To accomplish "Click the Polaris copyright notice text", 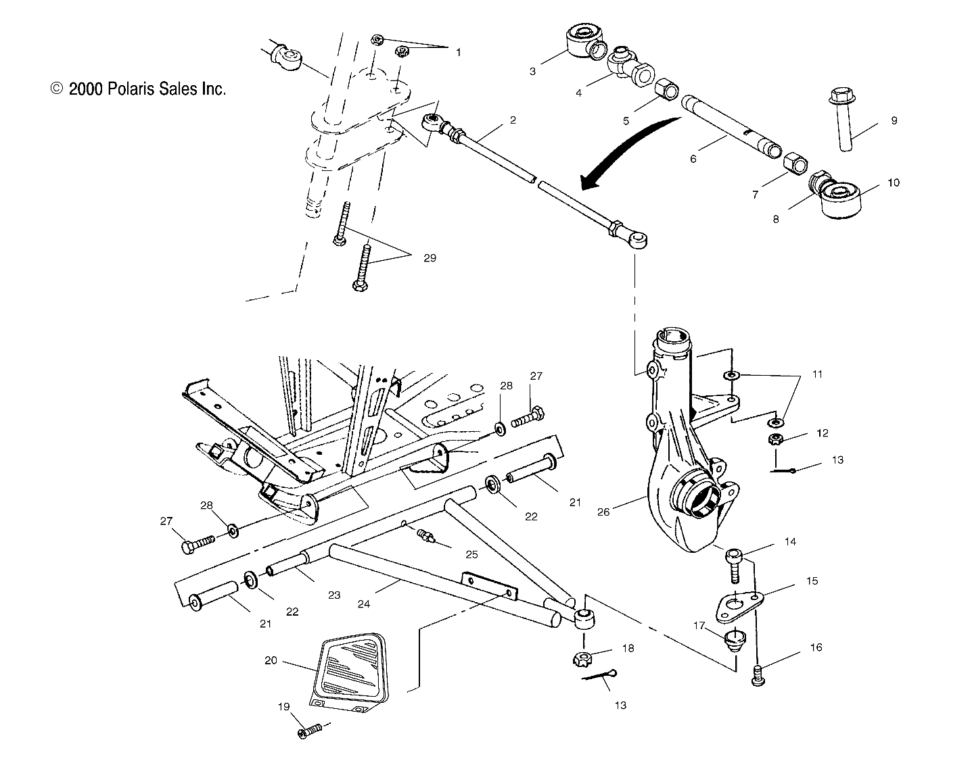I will (x=138, y=89).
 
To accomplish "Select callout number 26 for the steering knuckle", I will (x=603, y=512).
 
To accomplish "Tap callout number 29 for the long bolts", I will (x=430, y=257).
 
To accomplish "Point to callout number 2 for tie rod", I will (x=513, y=120).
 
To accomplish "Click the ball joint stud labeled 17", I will (x=733, y=639).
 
